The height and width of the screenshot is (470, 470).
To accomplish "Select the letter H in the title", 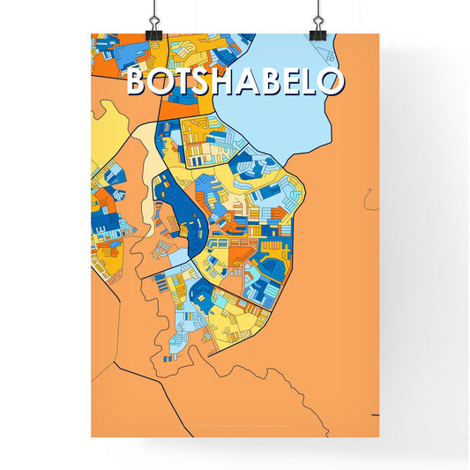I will click(x=231, y=81).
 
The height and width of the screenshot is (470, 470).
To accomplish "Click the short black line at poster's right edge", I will click(x=375, y=414).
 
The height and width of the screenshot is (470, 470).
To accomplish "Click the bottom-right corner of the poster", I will click(x=378, y=436).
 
